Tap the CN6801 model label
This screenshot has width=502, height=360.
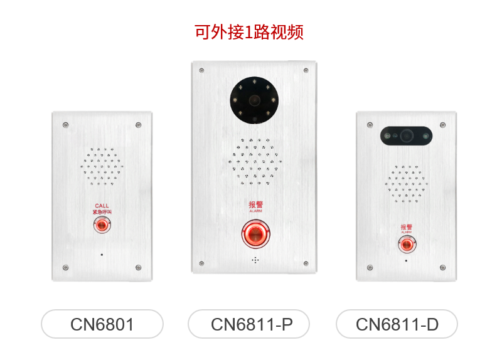click(x=102, y=324)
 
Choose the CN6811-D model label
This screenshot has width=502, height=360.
click(x=397, y=324)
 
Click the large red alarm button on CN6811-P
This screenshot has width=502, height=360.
click(x=255, y=235)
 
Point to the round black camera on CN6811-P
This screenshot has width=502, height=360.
click(x=254, y=100)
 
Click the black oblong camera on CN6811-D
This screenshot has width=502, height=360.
click(x=406, y=134)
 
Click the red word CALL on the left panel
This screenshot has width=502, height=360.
click(x=102, y=206)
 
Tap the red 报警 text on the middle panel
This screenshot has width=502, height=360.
click(x=255, y=204)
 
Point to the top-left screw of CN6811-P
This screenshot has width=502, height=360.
click(x=201, y=70)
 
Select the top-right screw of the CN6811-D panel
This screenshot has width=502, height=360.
click(x=442, y=125)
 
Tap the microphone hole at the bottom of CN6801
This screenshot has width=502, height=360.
click(x=102, y=255)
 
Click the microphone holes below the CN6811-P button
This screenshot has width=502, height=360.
click(x=255, y=260)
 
